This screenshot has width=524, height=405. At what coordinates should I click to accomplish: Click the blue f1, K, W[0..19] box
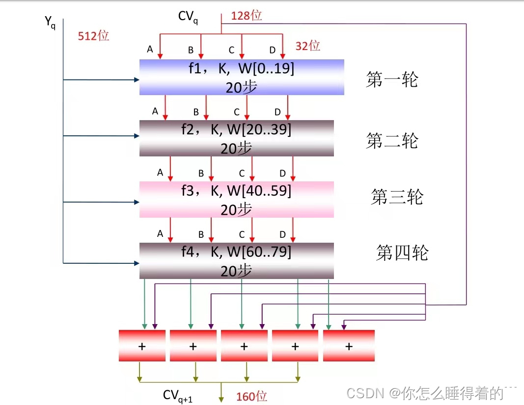242,77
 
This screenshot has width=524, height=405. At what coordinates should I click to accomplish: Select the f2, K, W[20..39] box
236,138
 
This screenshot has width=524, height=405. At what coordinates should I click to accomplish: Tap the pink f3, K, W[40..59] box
236,200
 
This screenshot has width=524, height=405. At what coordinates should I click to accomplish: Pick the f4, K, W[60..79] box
236,261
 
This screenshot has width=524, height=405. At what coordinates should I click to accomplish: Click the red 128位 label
247,16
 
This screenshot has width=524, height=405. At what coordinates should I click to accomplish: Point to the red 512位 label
93,36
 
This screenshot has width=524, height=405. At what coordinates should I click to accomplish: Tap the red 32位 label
308,46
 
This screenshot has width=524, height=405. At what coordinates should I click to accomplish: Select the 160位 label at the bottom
251,396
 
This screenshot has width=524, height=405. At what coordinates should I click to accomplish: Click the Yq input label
50,22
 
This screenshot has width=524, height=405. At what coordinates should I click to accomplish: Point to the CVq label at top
188,17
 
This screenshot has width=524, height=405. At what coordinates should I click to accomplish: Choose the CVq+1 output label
178,396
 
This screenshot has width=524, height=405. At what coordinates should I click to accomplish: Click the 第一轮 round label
392,79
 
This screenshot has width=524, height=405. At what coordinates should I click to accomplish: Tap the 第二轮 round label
392,141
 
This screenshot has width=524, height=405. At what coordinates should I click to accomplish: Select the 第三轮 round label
397,197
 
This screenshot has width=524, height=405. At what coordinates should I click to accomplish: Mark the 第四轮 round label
402,253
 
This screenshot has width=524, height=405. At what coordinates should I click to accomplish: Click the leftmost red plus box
142,346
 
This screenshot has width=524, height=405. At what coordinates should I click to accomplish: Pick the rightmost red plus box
349,346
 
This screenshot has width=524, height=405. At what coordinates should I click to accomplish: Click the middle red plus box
244,346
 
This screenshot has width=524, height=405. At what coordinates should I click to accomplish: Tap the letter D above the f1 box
273,50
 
